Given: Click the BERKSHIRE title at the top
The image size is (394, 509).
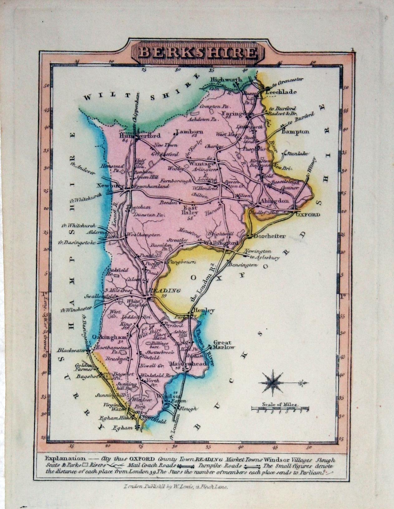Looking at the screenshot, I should point(198,52).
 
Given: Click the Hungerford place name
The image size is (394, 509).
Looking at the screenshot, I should point(140,136).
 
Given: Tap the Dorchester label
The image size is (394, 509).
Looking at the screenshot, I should point(270,236).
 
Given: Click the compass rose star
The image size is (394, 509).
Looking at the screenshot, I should point(273,382).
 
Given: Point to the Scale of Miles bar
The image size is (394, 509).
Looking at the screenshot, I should point(280,408).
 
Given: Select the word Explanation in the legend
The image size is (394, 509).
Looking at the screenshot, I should point(65,458).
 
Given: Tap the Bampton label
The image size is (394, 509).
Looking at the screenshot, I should point(295,132).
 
